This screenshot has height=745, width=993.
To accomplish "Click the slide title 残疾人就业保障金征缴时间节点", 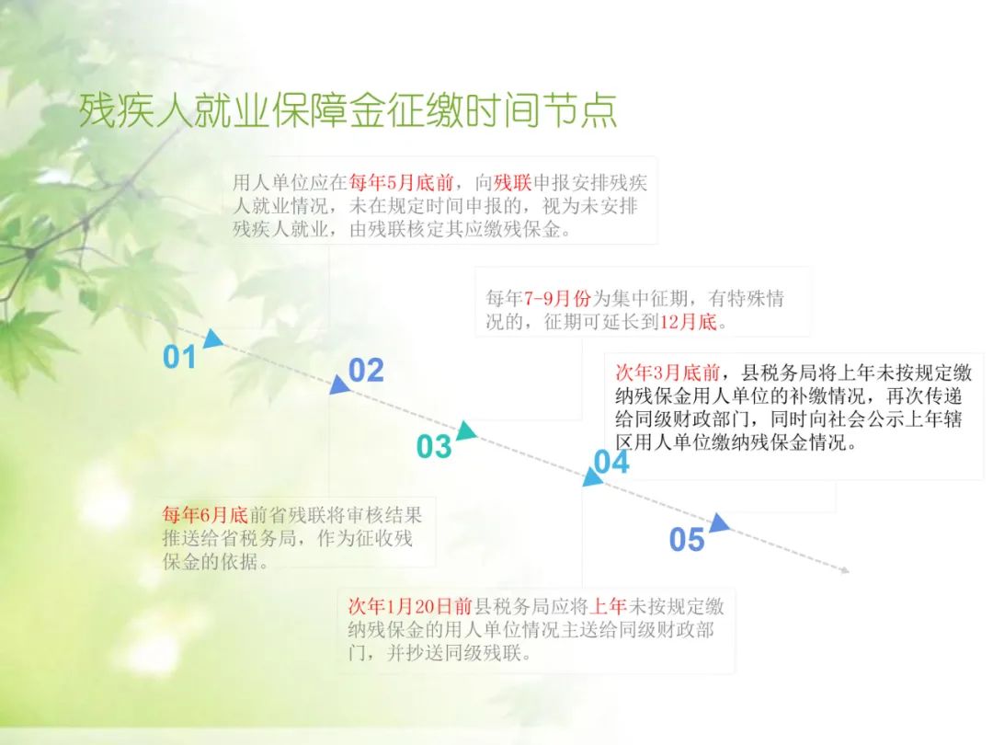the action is (x=348, y=110).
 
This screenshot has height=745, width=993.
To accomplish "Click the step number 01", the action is (x=180, y=357).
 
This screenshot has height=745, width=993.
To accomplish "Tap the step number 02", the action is (x=366, y=371).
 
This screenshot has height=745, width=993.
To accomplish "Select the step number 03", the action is (x=434, y=447).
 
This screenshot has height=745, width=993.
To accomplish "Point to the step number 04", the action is (x=611, y=463).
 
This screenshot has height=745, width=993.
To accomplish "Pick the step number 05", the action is (x=687, y=540).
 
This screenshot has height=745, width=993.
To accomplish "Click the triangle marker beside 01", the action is (x=212, y=338).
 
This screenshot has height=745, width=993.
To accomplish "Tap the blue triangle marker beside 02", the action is (x=338, y=384).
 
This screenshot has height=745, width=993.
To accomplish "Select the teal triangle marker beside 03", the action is (x=466, y=430).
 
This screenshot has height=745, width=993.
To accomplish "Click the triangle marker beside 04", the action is (x=592, y=477).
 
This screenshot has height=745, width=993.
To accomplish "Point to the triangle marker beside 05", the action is (x=719, y=522).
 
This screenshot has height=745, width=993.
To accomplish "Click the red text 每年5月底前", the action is (x=401, y=183).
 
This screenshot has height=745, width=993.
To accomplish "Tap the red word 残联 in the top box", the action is (x=512, y=183).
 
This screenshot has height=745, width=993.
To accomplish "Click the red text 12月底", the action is (x=689, y=322).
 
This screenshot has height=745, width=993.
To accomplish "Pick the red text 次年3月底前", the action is (x=668, y=372).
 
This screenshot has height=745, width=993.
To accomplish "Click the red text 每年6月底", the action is (x=205, y=515).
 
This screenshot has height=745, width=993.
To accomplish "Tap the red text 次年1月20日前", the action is (x=410, y=607).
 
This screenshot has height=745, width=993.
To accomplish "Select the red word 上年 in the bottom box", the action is (x=608, y=607).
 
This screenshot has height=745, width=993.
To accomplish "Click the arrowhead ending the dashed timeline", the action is (x=846, y=570).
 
